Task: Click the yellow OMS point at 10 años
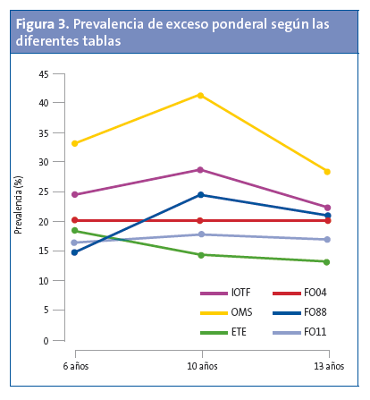tap(200, 95)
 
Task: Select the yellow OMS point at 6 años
tap(75, 143)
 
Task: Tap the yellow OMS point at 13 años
tap(327, 172)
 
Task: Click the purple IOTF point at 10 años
tap(200, 169)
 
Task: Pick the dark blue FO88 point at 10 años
tap(200, 194)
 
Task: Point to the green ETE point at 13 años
tap(327, 262)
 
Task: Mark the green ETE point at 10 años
tap(200, 255)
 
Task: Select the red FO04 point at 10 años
tap(200, 220)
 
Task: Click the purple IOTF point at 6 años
tap(75, 194)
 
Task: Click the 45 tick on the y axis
tap(43, 73)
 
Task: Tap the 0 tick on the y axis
tap(46, 341)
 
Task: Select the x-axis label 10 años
tap(201, 367)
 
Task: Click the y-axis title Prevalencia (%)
tap(18, 207)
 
